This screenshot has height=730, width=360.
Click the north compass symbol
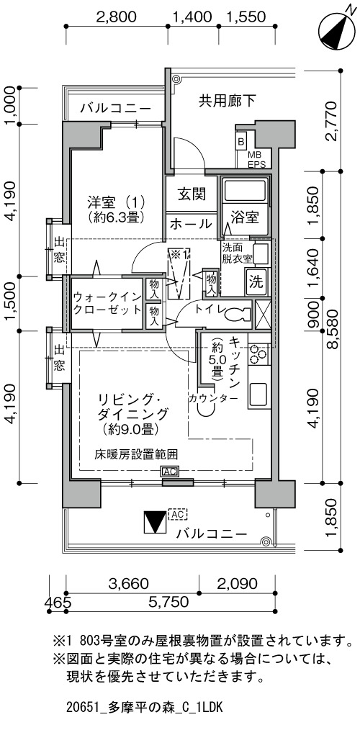334,30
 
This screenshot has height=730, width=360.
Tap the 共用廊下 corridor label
228,101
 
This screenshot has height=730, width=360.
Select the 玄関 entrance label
192,194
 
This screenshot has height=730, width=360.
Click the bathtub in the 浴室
245,190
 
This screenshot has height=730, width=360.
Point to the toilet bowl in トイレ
236,315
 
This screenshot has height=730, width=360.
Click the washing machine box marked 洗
256,281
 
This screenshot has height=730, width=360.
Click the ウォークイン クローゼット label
107,303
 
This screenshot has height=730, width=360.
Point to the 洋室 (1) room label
115,209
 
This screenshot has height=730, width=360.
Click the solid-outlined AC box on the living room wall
170,472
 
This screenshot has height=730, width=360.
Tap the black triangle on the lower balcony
155,523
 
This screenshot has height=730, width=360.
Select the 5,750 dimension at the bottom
169,602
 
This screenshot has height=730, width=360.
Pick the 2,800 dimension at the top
117,17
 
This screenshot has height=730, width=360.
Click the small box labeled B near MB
241,141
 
